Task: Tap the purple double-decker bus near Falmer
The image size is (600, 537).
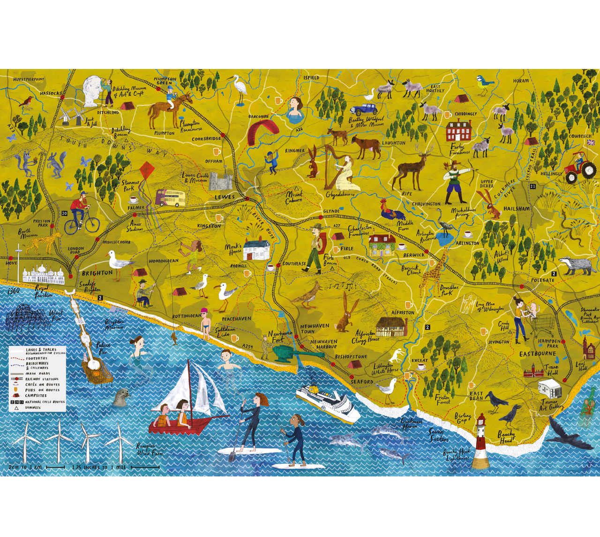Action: tap(170, 198)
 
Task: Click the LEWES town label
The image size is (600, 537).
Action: tap(224, 197)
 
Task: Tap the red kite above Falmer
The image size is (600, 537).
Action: tap(148, 175)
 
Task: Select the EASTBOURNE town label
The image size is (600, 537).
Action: tap(537, 354)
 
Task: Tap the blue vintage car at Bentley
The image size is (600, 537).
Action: tap(363, 109)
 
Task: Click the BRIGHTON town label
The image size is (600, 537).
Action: tap(97, 273)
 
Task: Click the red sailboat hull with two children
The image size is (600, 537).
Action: tap(173, 426)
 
